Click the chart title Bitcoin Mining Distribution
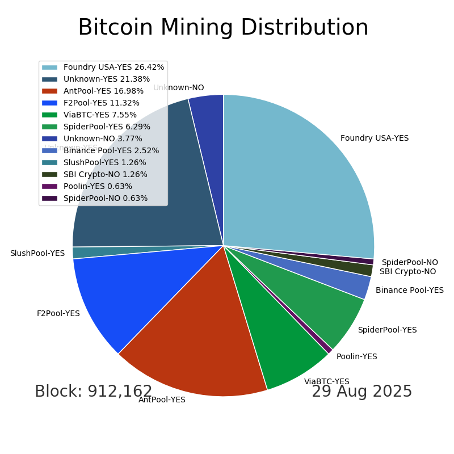coord(223,28)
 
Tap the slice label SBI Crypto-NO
coord(407,272)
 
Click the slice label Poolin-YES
coord(356,357)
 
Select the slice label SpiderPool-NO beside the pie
coord(409,263)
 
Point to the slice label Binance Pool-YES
coord(409,291)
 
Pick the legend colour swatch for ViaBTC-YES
coord(49,115)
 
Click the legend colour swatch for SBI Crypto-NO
coord(49,175)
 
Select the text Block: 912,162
coord(94,392)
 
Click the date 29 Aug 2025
coord(361,392)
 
